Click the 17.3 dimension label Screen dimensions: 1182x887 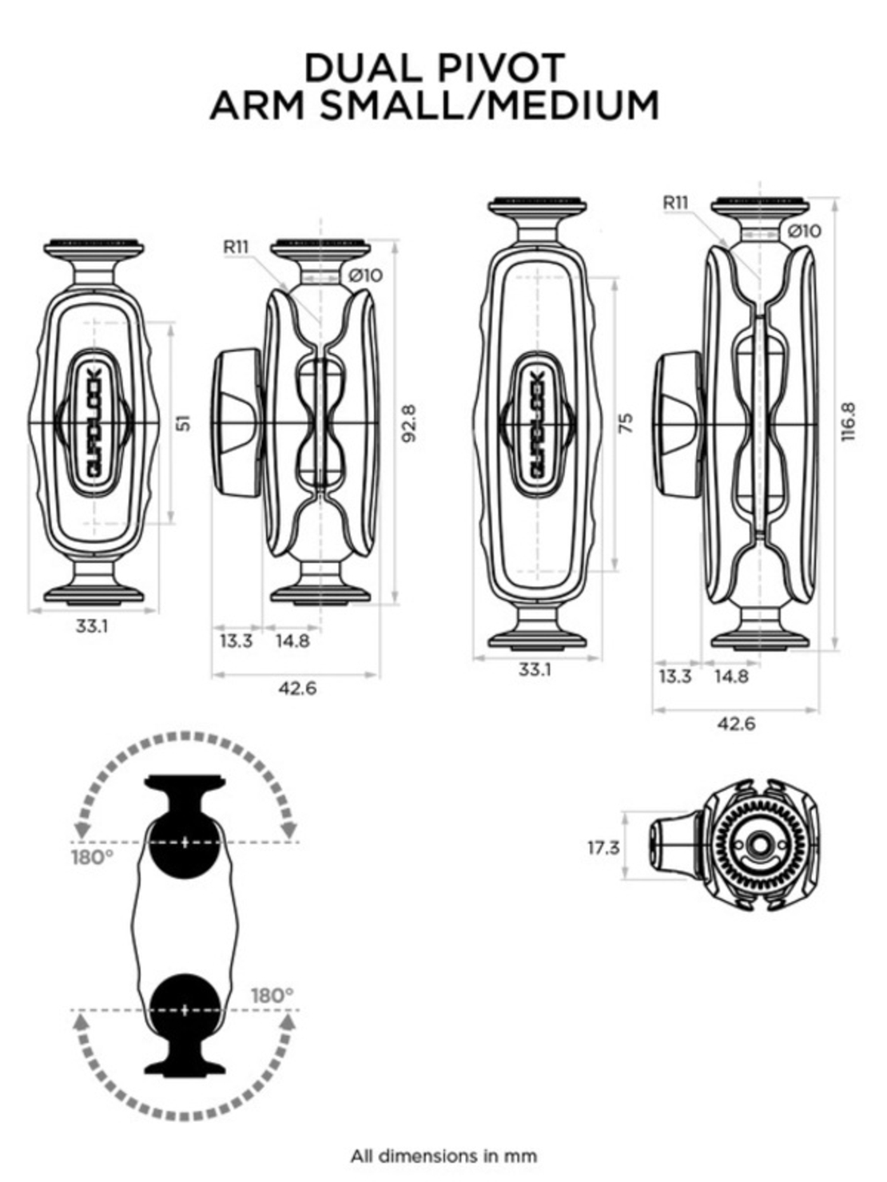[x=603, y=847]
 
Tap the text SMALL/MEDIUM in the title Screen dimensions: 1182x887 [x=489, y=105]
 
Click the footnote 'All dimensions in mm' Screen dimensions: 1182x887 [x=444, y=1155]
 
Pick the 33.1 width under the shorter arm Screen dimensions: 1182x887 [x=92, y=626]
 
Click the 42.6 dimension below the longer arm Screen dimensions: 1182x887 [x=736, y=724]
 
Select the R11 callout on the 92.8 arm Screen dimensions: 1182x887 [x=236, y=247]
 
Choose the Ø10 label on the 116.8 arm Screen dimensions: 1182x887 [x=804, y=231]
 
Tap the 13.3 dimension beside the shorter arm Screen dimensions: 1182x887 [x=236, y=641]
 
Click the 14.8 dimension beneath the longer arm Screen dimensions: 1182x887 [x=731, y=676]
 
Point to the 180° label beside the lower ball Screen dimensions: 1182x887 [x=272, y=996]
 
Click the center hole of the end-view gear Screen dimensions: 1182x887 [x=756, y=845]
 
